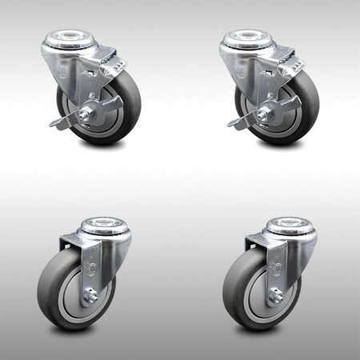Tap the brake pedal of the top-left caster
65,122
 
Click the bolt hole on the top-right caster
257,37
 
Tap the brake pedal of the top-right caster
238,122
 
